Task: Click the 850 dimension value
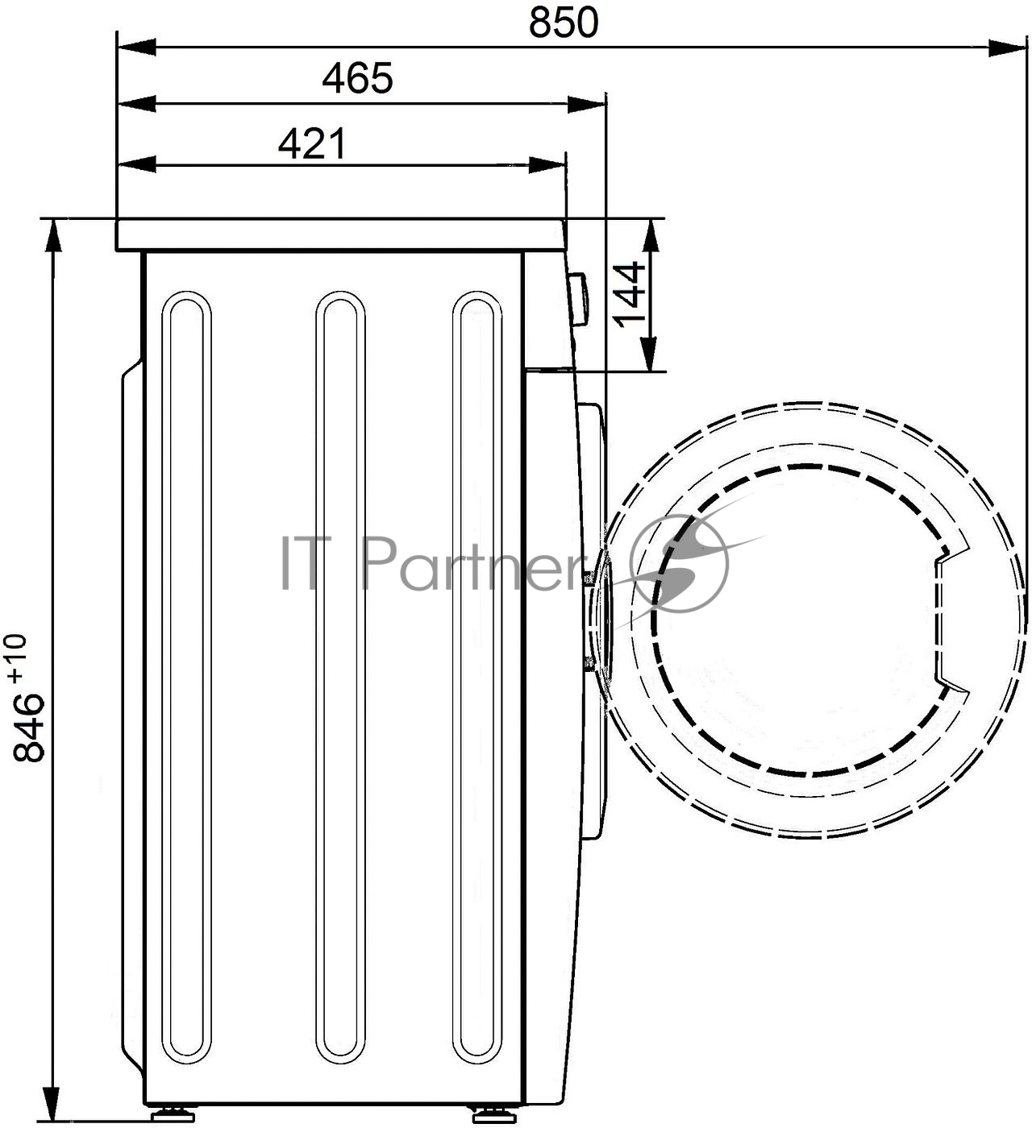coord(564,23)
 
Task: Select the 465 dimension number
coord(358,78)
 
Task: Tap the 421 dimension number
coord(312,143)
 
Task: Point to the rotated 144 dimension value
coord(629,294)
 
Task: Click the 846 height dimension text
coord(28,727)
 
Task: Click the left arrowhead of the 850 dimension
coord(137,48)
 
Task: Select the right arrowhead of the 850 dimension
coord(1008,48)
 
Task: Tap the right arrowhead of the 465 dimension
coord(586,104)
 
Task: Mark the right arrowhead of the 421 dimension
coord(547,164)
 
